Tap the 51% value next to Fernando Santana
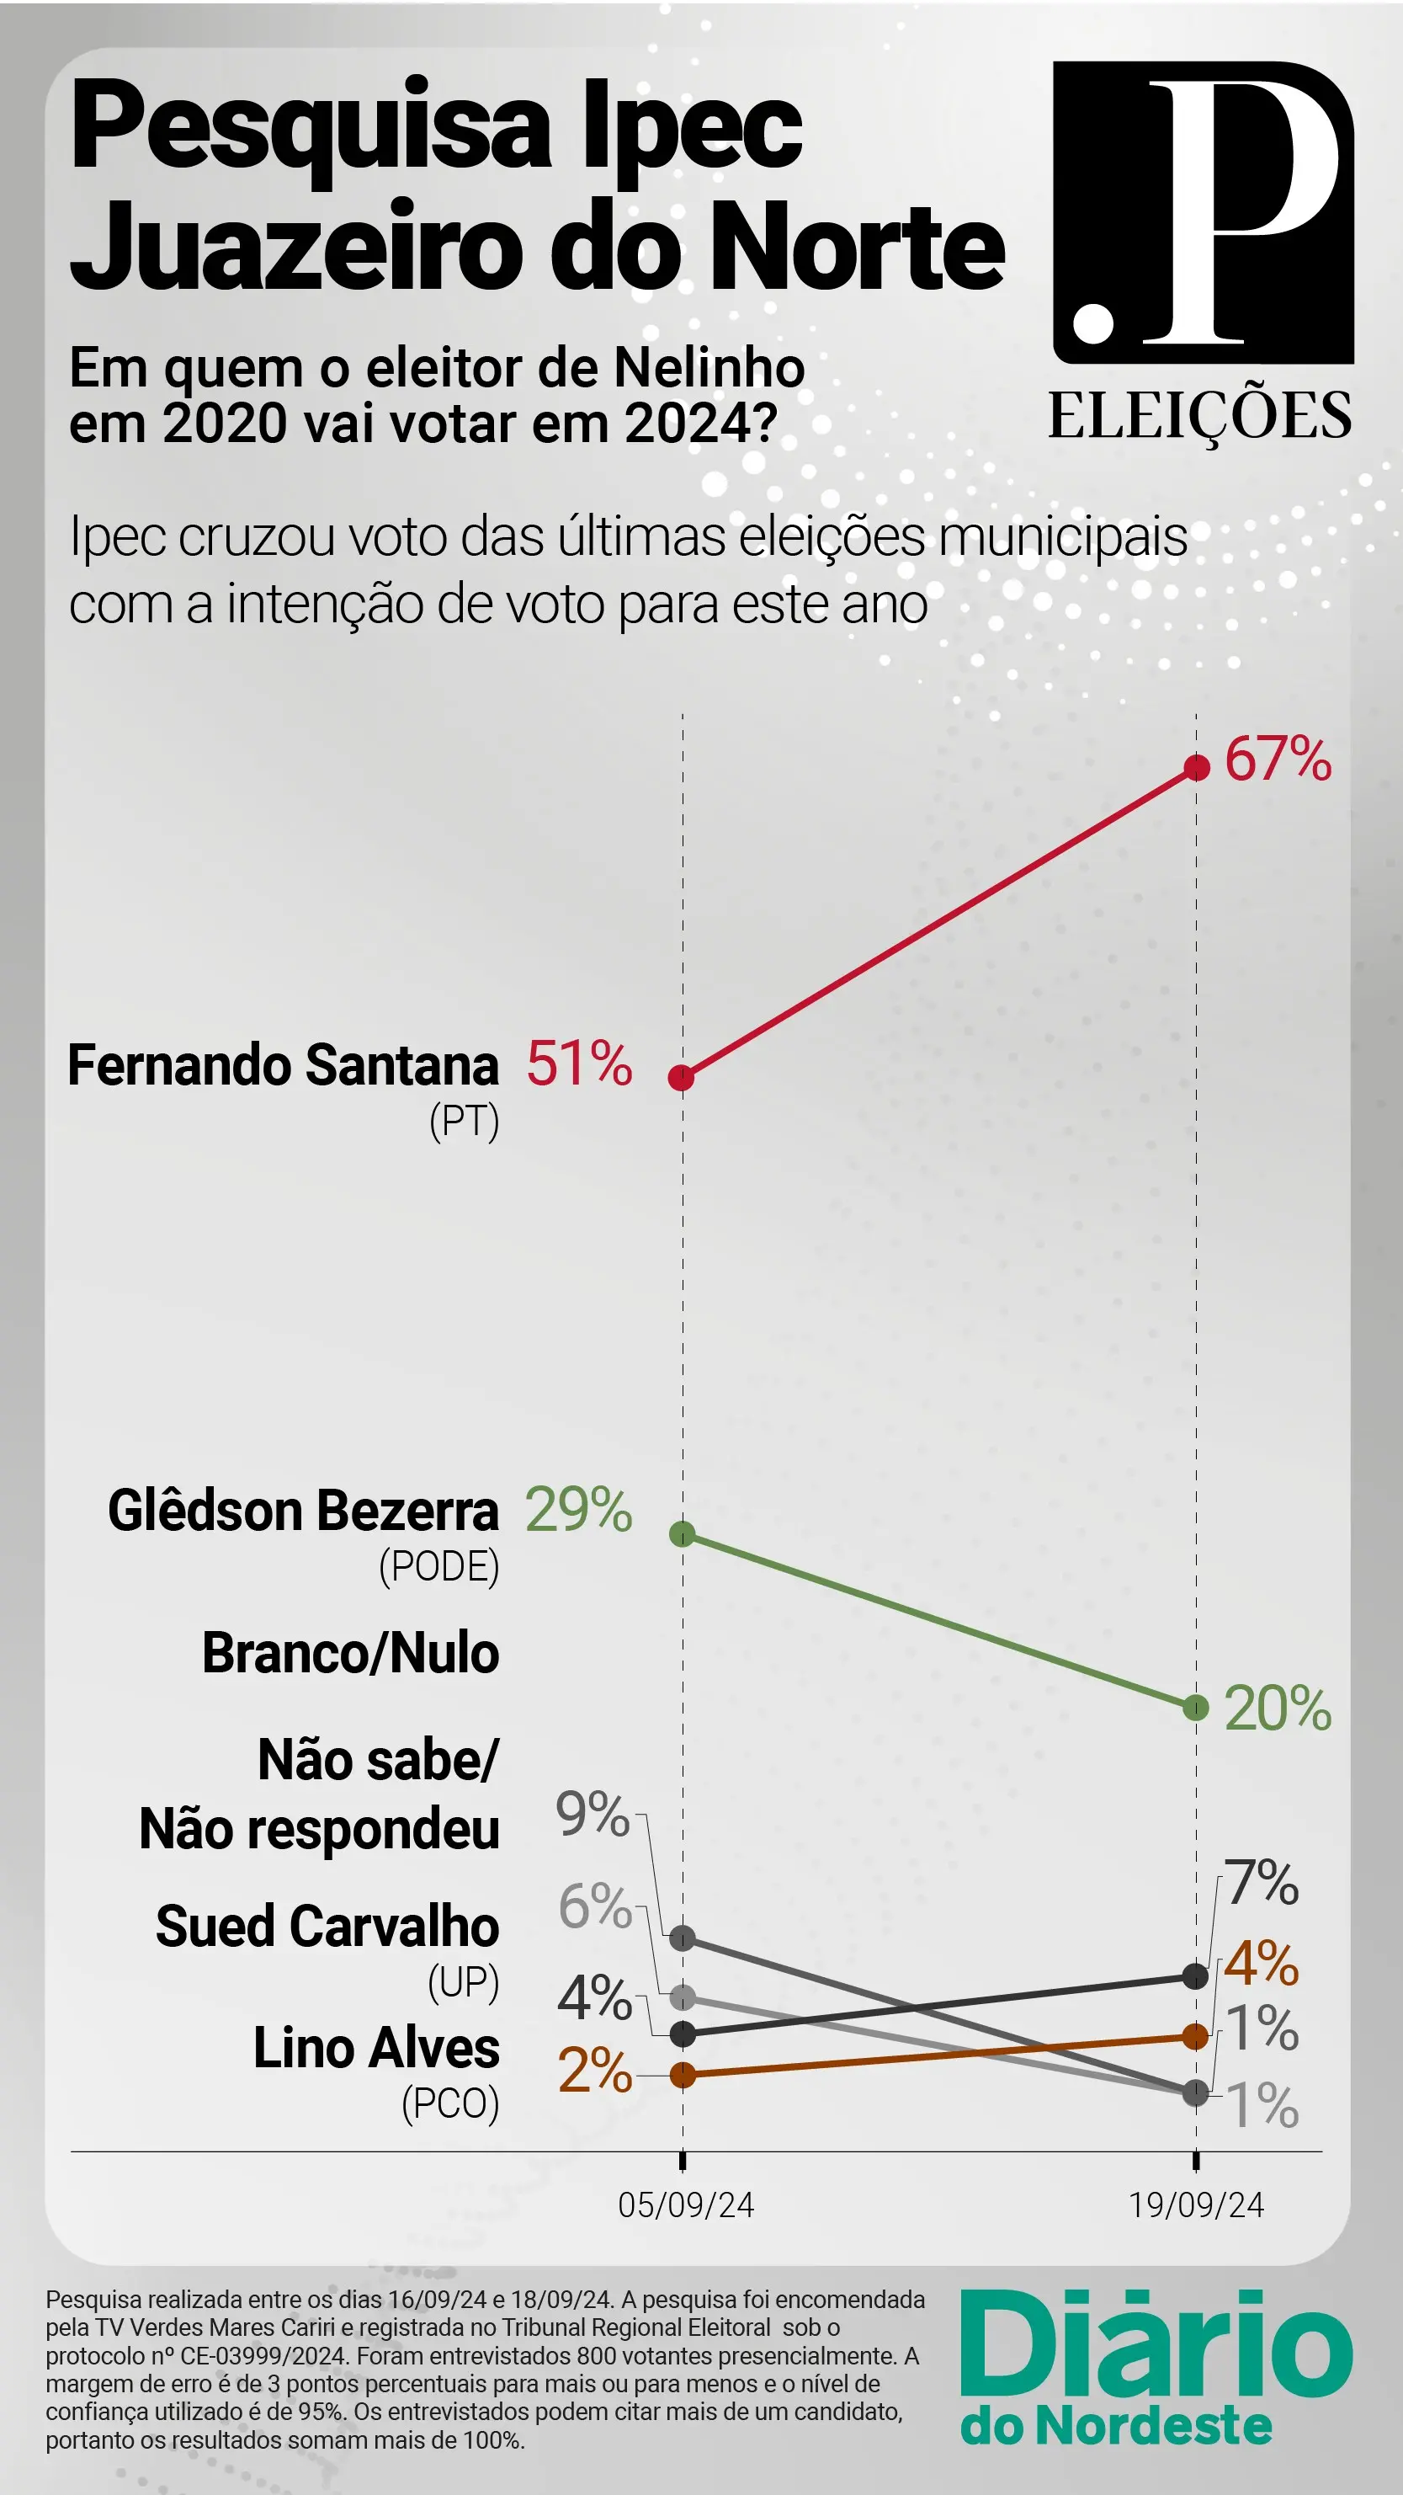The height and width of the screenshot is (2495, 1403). [x=579, y=1063]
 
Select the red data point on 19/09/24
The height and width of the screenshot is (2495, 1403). [x=1197, y=767]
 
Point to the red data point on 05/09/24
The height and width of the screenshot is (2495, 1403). [x=682, y=1077]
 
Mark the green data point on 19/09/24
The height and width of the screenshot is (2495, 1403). [x=1196, y=1707]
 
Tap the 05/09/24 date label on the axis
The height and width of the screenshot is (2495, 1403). [x=686, y=2204]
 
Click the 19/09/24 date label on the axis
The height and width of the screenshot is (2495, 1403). [x=1196, y=2204]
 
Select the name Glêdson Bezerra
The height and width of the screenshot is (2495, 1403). [x=303, y=1511]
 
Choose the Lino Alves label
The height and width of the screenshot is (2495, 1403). [x=375, y=2048]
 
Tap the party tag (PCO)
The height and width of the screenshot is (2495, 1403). [x=450, y=2103]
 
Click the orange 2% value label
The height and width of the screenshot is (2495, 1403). [x=593, y=2071]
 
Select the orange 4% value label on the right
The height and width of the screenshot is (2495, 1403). [x=1262, y=1964]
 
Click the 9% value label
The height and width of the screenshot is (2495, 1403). [x=592, y=1813]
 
